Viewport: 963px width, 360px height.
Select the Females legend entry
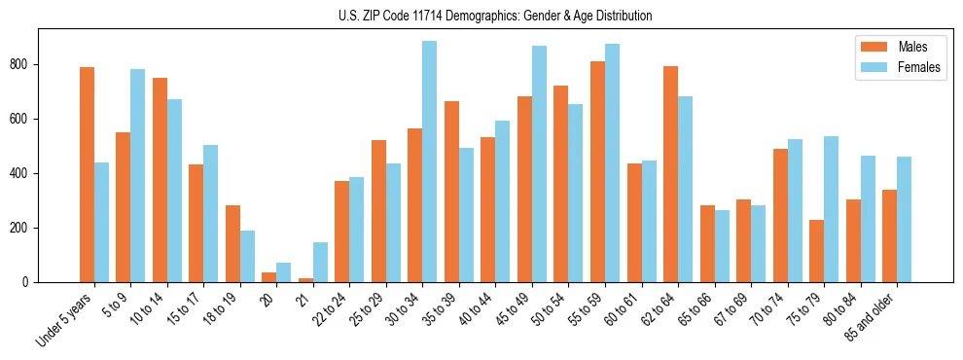click(918, 67)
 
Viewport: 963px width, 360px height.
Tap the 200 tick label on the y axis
click(25, 228)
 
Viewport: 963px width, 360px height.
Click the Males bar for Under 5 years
click(87, 175)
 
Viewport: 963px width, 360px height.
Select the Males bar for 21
click(305, 280)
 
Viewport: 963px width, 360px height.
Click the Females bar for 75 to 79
click(831, 209)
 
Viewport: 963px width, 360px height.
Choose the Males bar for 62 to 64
click(670, 174)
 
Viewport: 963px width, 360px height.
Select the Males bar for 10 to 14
click(160, 180)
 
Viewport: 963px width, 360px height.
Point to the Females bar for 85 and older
click(904, 220)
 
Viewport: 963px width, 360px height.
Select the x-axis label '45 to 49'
click(516, 309)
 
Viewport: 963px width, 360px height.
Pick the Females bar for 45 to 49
click(539, 164)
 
